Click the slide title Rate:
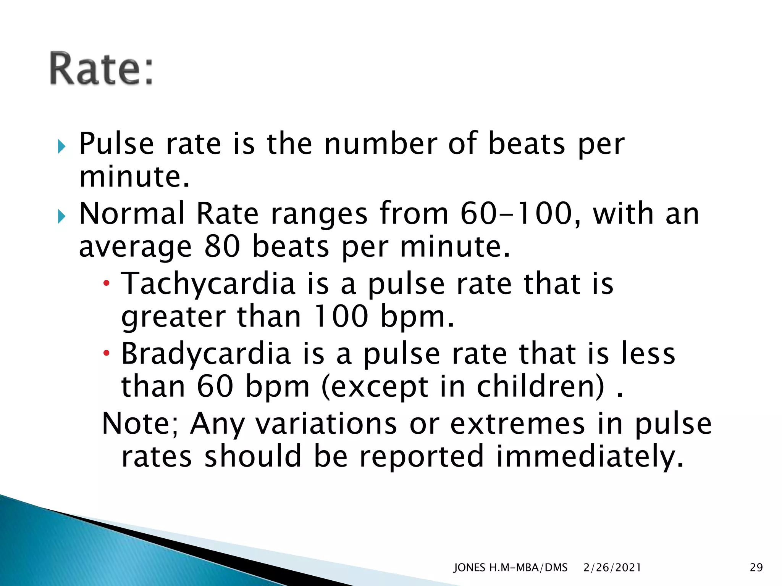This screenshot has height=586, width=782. click(x=101, y=68)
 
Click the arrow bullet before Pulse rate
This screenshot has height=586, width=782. click(x=62, y=146)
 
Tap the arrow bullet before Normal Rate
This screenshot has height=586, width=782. click(x=62, y=216)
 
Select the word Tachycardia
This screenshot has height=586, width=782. click(x=208, y=285)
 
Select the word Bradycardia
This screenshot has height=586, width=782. click(x=206, y=354)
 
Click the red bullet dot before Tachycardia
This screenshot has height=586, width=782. click(x=107, y=283)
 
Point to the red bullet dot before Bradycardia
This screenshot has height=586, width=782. click(x=107, y=353)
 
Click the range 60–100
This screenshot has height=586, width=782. click(x=516, y=214)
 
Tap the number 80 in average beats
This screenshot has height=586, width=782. click(x=222, y=246)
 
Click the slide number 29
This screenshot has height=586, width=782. click(x=756, y=568)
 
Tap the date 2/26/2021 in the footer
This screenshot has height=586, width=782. click(x=612, y=568)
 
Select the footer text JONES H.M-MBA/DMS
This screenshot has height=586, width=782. click(x=510, y=568)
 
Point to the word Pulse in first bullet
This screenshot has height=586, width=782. click(x=116, y=144)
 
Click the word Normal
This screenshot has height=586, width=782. click(x=132, y=214)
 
